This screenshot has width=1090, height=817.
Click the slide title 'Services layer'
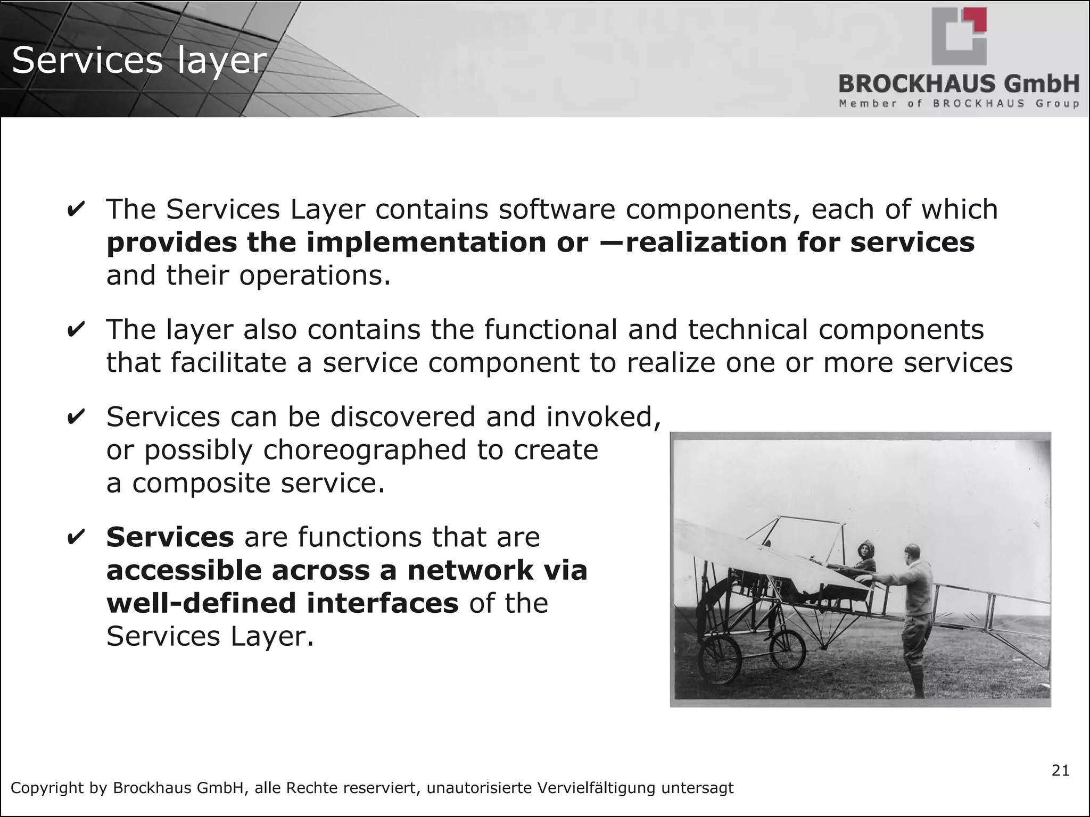tap(139, 61)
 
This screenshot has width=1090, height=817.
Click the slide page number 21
tap(1060, 771)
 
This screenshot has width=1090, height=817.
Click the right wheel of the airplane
tap(788, 649)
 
